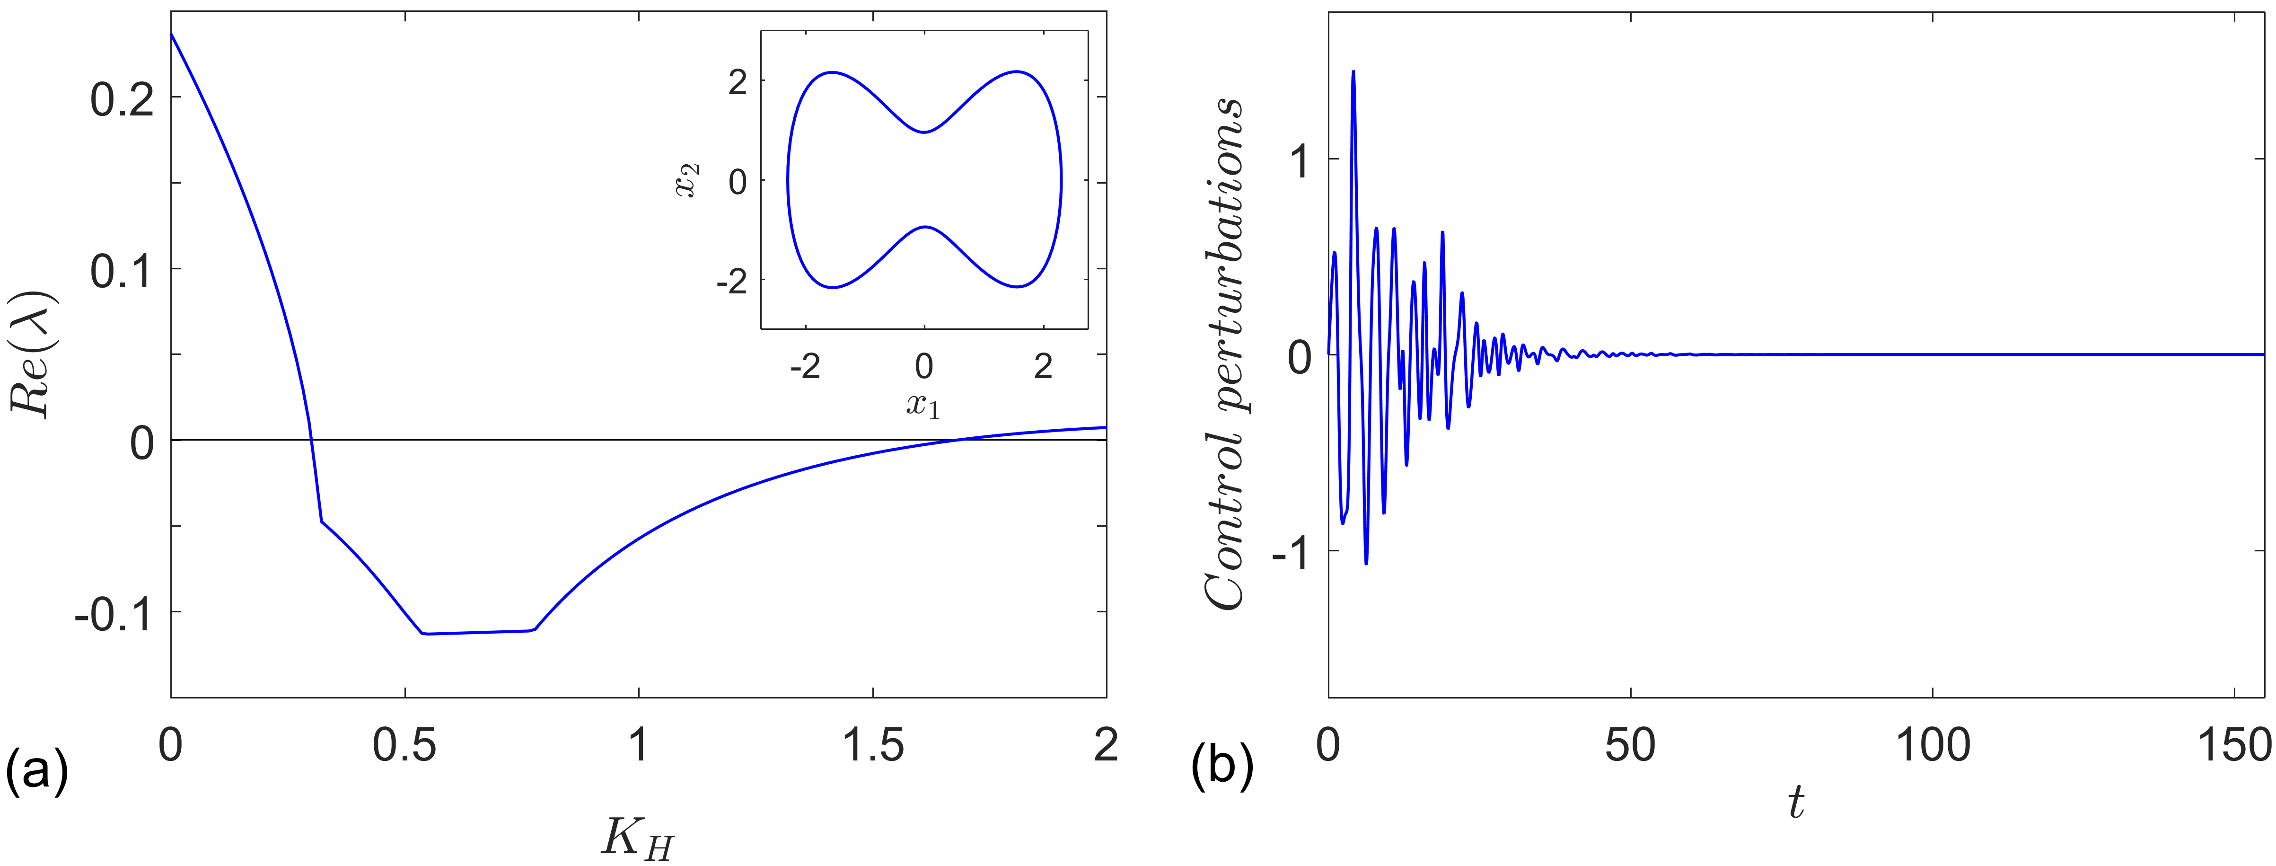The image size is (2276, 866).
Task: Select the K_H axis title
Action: [638, 838]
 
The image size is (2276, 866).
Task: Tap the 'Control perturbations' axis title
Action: [1226, 353]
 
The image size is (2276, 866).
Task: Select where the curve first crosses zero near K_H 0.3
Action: [311, 439]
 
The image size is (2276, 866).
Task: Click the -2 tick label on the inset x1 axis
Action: [805, 367]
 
